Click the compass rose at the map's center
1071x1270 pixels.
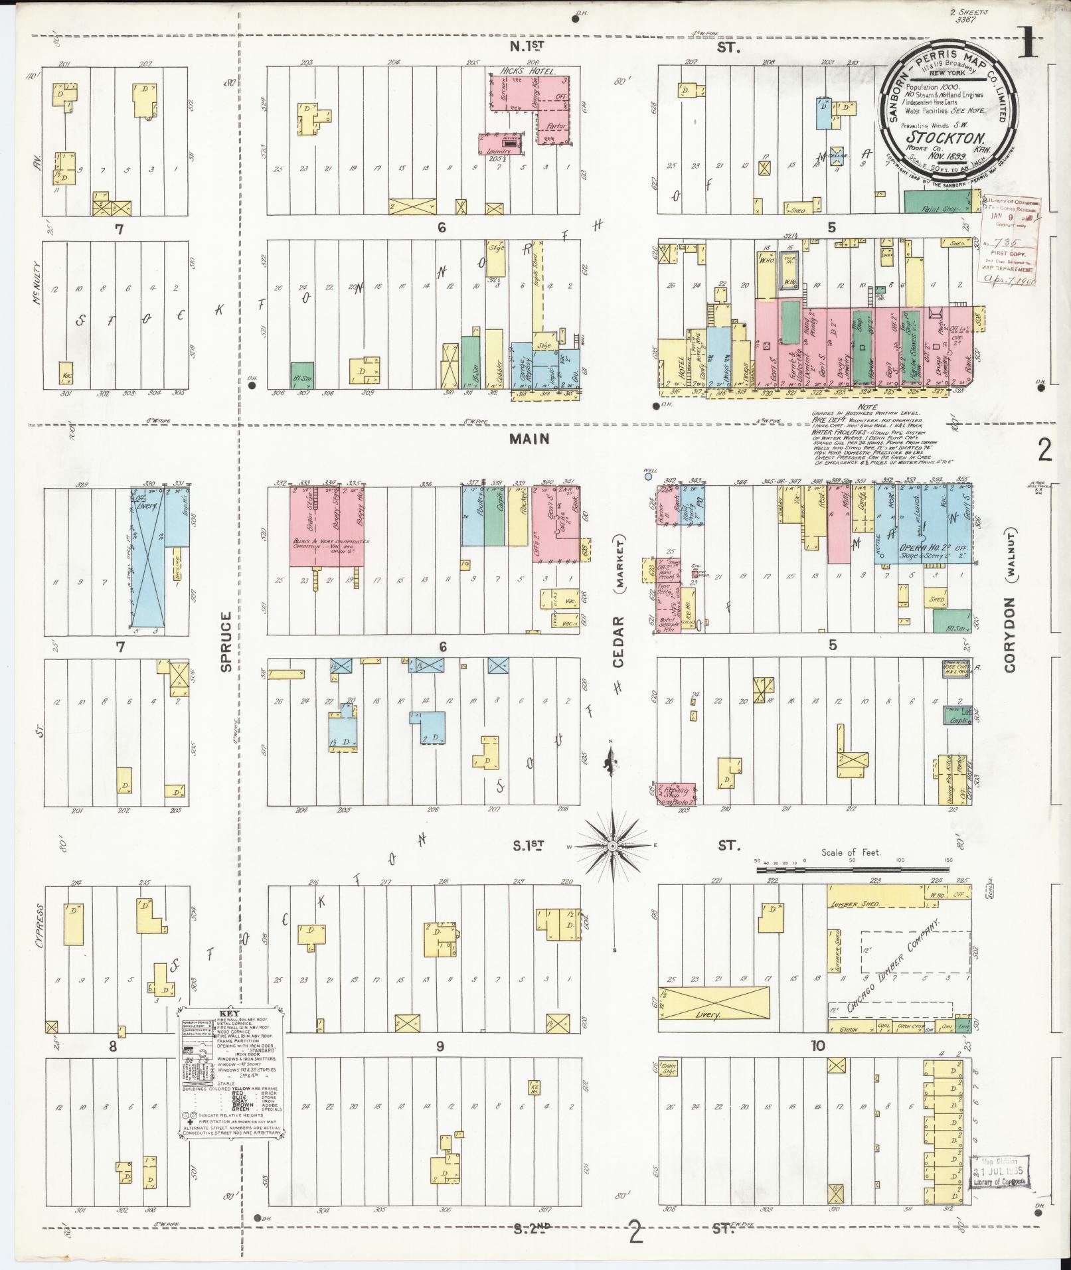pyautogui.click(x=612, y=846)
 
